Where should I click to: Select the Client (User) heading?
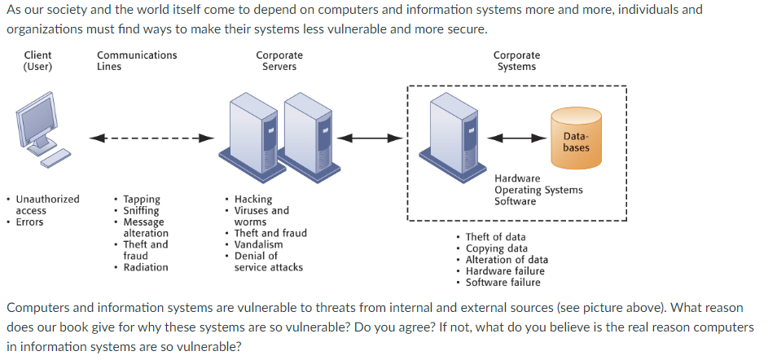point(37,61)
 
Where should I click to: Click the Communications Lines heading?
point(136,61)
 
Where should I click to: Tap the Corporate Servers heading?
point(279,61)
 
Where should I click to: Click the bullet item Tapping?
point(142,199)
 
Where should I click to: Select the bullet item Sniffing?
point(142,210)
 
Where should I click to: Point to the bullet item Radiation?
point(146,267)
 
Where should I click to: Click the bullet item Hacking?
point(253,199)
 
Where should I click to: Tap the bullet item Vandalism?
point(259,244)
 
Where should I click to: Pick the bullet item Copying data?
point(496,248)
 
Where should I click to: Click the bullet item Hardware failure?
point(505,271)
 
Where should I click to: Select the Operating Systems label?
point(538,190)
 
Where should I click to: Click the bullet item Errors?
point(30,222)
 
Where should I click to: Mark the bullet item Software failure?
point(503,283)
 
